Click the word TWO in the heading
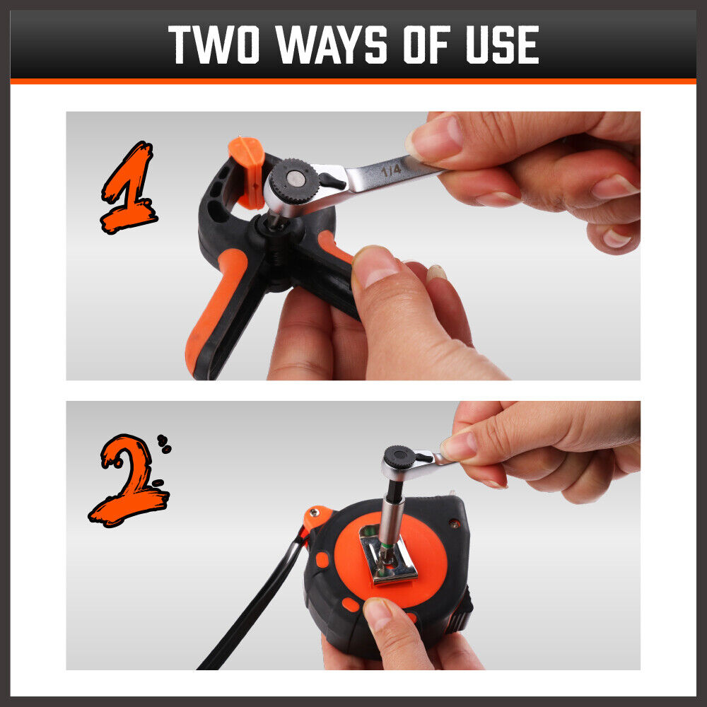tap(214, 44)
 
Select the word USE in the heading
tap(502, 44)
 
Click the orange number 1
tap(129, 188)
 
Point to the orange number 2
tap(129, 481)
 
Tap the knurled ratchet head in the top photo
tap(294, 181)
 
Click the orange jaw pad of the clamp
tap(248, 171)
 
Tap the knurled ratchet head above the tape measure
tap(399, 457)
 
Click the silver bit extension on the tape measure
tap(390, 518)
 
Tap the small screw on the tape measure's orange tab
tap(313, 512)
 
